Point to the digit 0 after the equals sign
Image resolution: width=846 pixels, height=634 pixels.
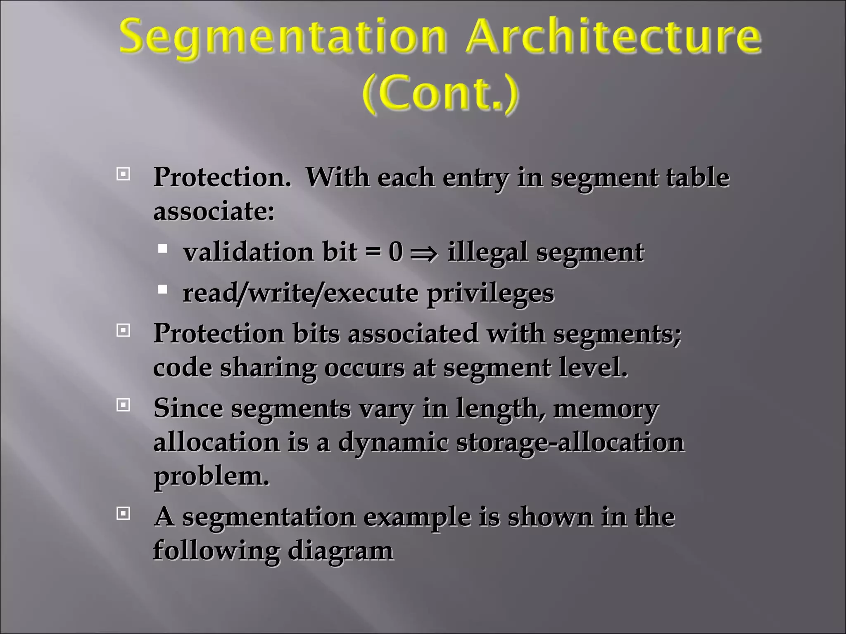coord(395,251)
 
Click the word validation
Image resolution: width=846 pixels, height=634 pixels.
coord(248,251)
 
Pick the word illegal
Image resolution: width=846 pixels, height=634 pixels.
coord(487,252)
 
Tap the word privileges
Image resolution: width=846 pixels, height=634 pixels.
coord(490,293)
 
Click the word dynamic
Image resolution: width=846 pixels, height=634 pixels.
coord(393,443)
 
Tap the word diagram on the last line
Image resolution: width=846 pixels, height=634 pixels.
coord(340,551)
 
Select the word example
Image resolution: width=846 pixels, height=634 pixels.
coord(417,517)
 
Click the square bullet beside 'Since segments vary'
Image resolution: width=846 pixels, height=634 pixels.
coord(123,405)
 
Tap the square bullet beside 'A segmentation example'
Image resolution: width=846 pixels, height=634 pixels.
coord(123,513)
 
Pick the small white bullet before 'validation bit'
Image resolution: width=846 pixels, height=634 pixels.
coord(163,248)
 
